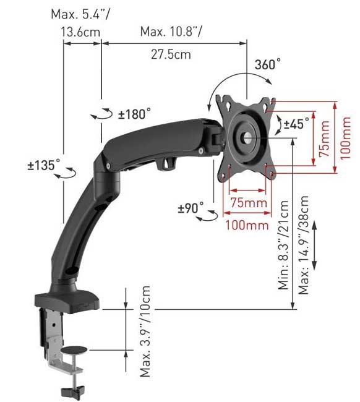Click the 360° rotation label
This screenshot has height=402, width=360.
267,64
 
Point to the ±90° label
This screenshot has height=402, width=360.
191,208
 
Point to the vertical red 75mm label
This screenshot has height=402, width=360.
324,138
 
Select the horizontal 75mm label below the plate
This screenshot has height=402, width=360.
250,203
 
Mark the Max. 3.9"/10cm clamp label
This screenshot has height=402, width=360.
145,331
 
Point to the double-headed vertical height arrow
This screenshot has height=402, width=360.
315,246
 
